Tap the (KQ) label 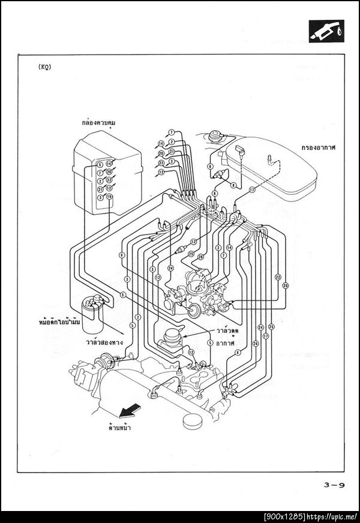44,67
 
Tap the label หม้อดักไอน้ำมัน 59,322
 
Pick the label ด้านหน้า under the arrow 120,428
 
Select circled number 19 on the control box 109,197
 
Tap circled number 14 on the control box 109,163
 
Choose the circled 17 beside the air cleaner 253,191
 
